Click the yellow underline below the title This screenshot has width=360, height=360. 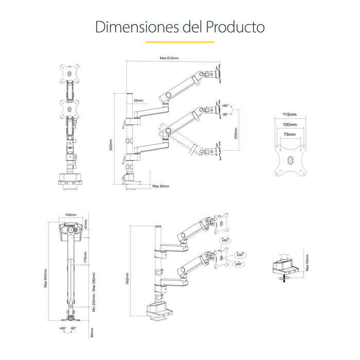point(179,42)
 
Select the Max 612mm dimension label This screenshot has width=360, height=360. point(169,59)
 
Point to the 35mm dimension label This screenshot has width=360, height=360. point(138,100)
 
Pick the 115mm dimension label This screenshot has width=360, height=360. point(290,114)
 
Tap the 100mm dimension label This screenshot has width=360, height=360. point(290,124)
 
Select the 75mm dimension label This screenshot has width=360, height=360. point(290,134)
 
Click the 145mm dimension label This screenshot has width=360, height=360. point(70,215)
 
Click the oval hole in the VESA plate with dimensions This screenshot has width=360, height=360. point(290,160)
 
